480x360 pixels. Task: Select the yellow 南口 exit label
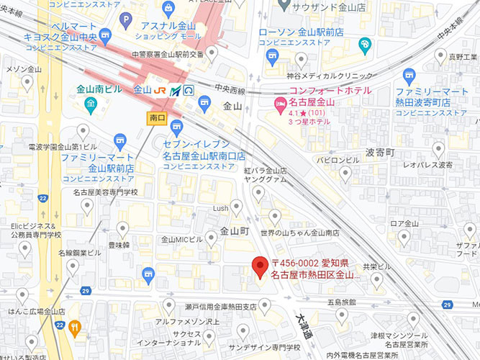(155, 116)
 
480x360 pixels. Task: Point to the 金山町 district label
(234, 232)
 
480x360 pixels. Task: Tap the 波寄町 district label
(381, 153)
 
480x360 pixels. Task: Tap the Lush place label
(220, 208)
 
